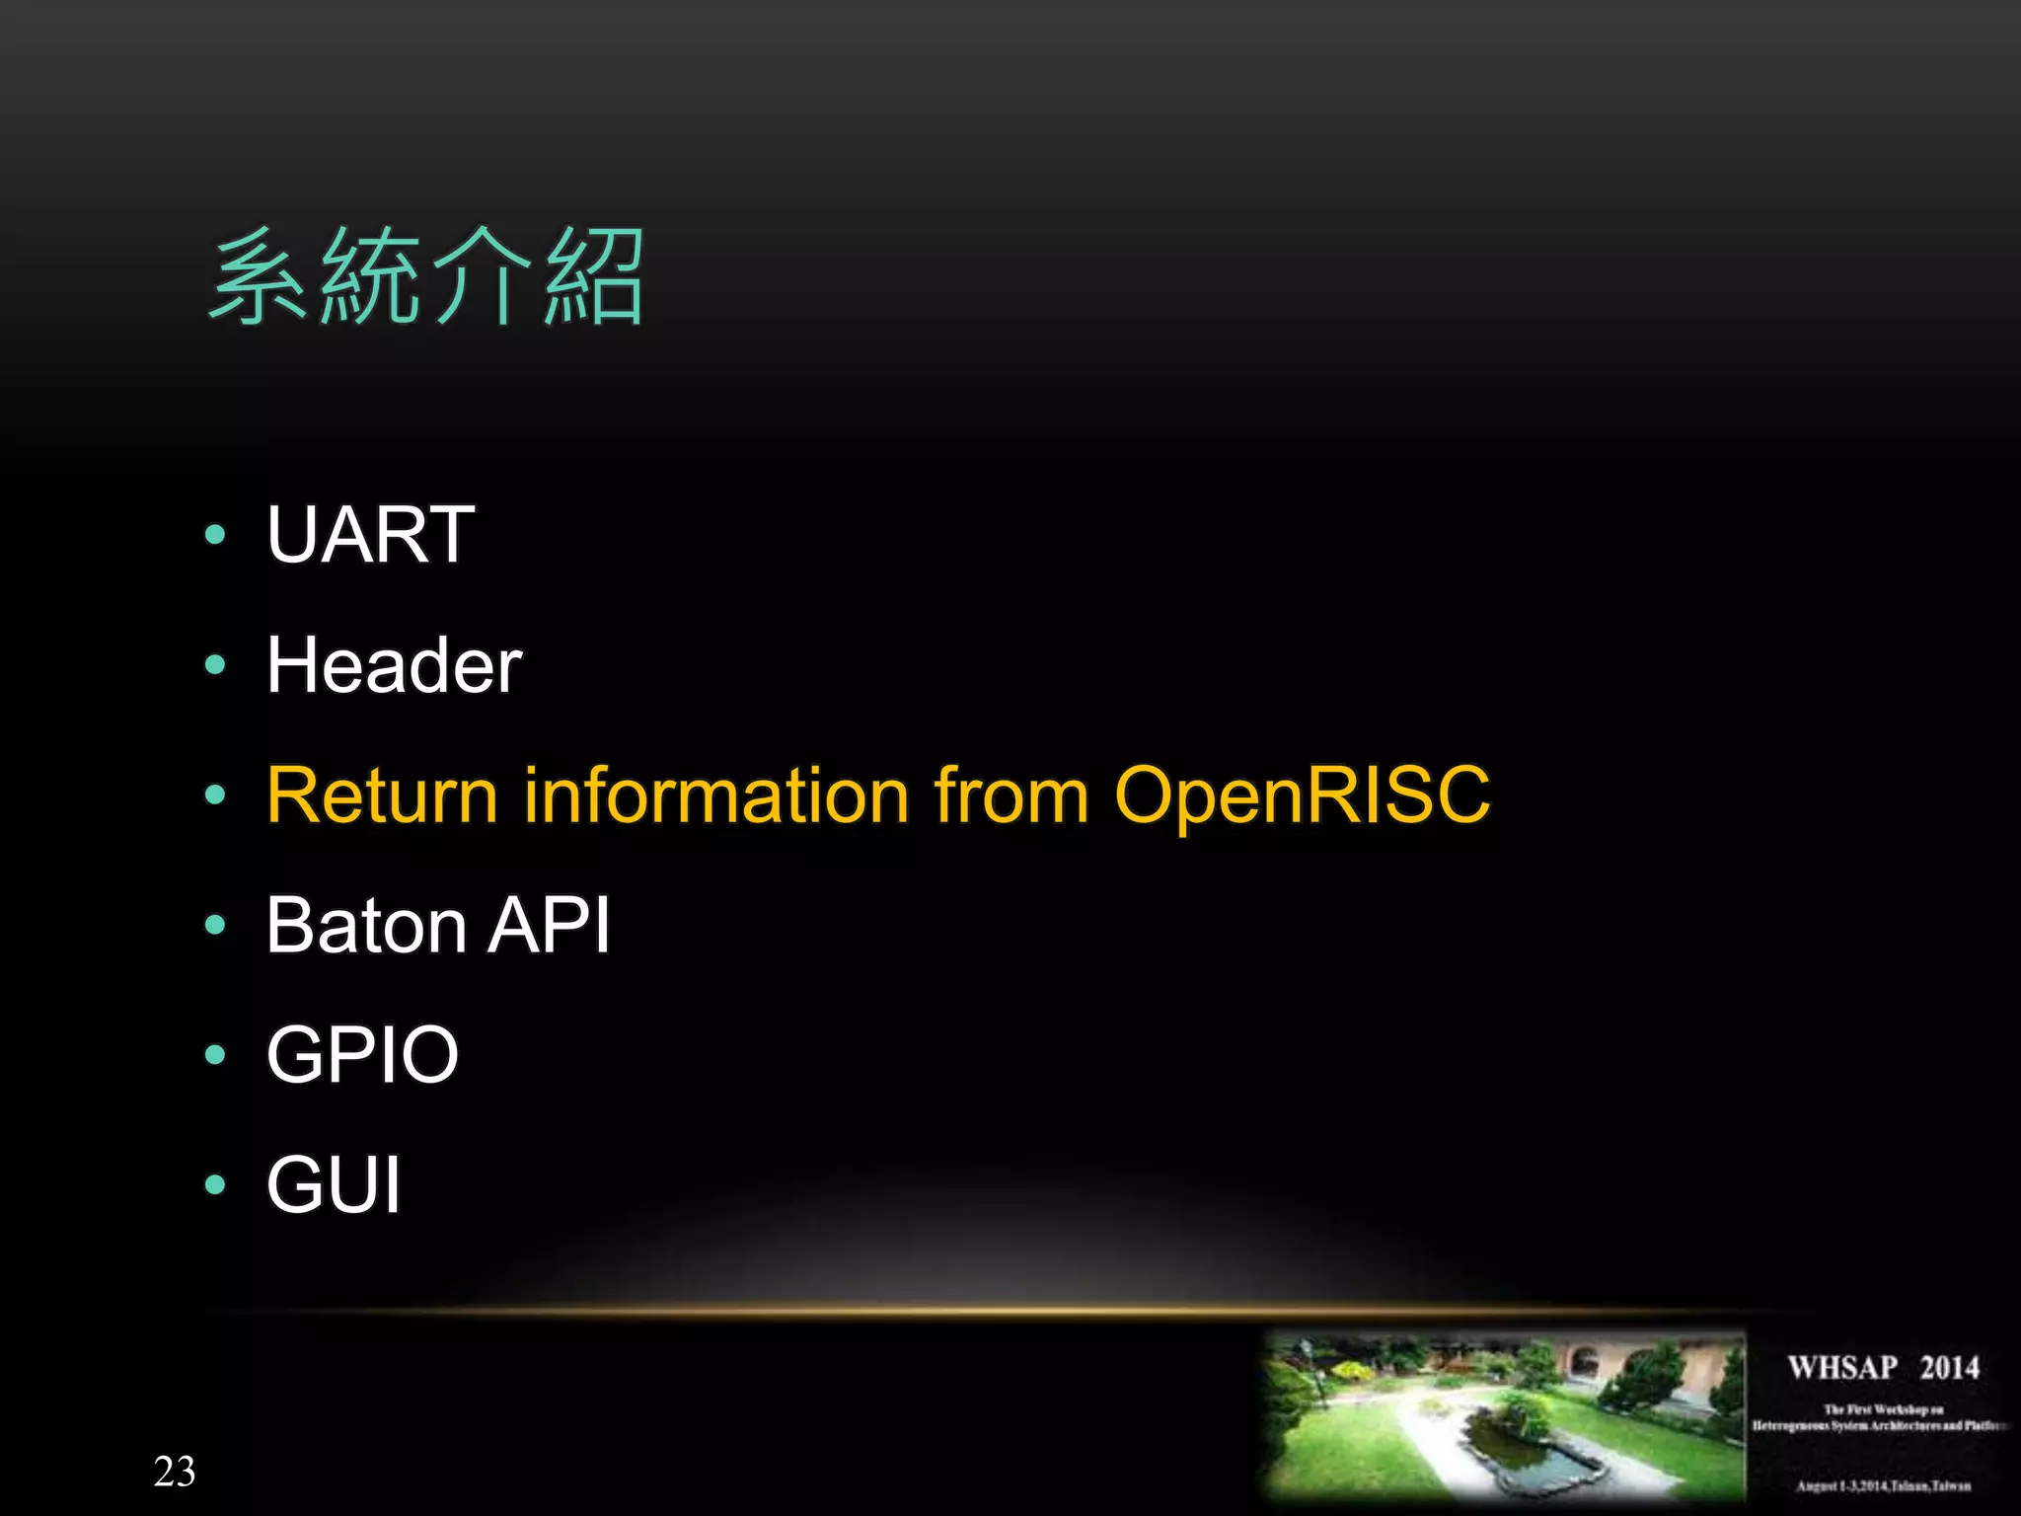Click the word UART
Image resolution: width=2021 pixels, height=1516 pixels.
371,535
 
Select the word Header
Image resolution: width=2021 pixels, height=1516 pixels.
394,665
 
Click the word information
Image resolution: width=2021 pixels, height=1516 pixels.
715,795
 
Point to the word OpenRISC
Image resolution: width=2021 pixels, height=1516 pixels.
1302,795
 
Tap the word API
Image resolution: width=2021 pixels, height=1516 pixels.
550,926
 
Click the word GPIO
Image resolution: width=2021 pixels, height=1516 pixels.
362,1055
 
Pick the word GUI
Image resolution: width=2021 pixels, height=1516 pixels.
334,1184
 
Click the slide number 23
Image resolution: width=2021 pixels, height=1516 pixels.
175,1472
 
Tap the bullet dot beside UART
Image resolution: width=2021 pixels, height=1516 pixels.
215,536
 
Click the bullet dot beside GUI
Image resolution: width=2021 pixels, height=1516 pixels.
215,1184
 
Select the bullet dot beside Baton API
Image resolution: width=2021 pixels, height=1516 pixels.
215,926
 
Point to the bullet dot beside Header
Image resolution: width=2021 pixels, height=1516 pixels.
215,665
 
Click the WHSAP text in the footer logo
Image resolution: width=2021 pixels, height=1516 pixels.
1842,1368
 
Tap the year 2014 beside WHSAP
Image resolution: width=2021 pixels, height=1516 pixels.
1949,1368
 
